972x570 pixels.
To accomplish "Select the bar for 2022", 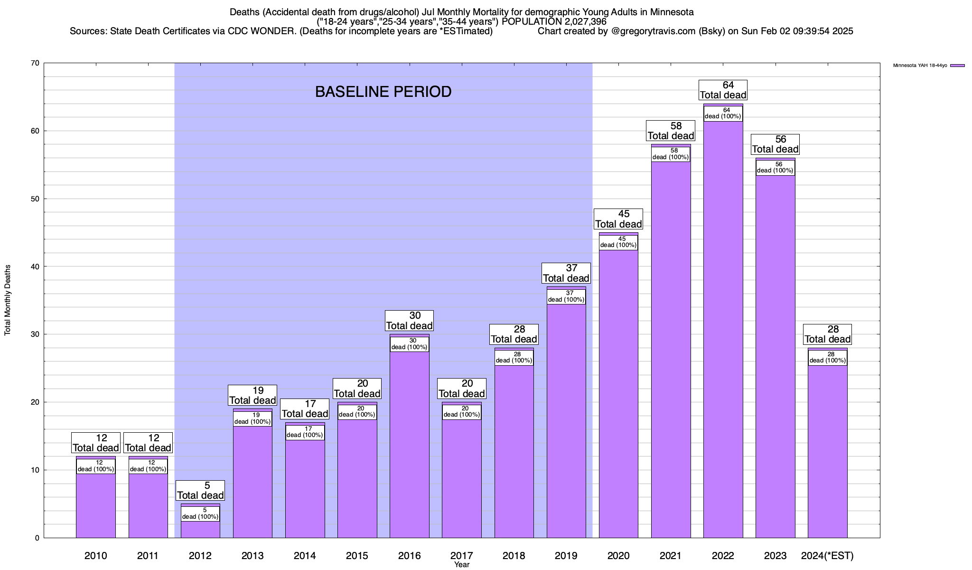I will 723,332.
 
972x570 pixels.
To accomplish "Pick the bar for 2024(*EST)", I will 827,451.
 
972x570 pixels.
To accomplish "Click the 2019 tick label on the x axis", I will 566,556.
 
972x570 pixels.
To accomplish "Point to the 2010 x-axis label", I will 96,556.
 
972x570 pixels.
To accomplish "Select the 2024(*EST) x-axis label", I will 827,556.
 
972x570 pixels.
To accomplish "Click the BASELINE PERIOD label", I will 383,92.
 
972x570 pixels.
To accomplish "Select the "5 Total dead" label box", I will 200,491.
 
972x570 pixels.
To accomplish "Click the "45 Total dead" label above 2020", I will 618,219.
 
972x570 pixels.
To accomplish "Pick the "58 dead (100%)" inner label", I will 671,154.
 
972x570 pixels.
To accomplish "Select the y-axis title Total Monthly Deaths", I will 8,300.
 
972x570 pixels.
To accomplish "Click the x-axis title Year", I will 461,565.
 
